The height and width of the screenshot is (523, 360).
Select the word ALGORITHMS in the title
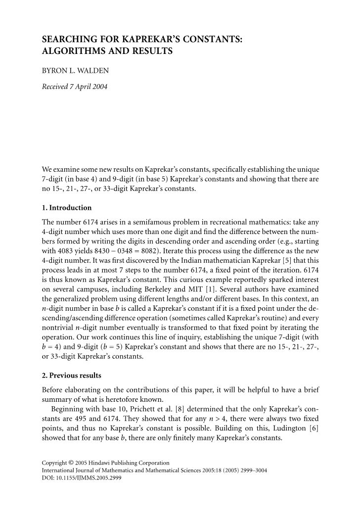pyautogui.click(x=73, y=51)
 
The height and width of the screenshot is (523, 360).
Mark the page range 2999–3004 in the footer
pyautogui.click(x=253, y=471)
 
